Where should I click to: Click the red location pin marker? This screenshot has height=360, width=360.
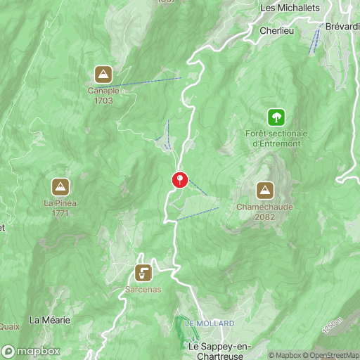180,180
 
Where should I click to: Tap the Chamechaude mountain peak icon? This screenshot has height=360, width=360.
265,190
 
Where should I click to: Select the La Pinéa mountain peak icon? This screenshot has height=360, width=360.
60,186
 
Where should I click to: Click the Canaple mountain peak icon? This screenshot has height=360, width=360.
104,74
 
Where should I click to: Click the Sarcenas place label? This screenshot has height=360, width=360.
143,289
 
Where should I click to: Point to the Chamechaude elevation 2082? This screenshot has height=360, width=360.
265,217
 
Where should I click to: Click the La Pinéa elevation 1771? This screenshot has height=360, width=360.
60,213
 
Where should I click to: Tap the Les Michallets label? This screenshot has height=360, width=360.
290,8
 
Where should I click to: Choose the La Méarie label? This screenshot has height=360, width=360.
50,320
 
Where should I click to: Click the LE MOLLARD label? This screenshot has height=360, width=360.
210,323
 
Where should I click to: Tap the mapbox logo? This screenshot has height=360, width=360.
31,351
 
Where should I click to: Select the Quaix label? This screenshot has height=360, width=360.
8,326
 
